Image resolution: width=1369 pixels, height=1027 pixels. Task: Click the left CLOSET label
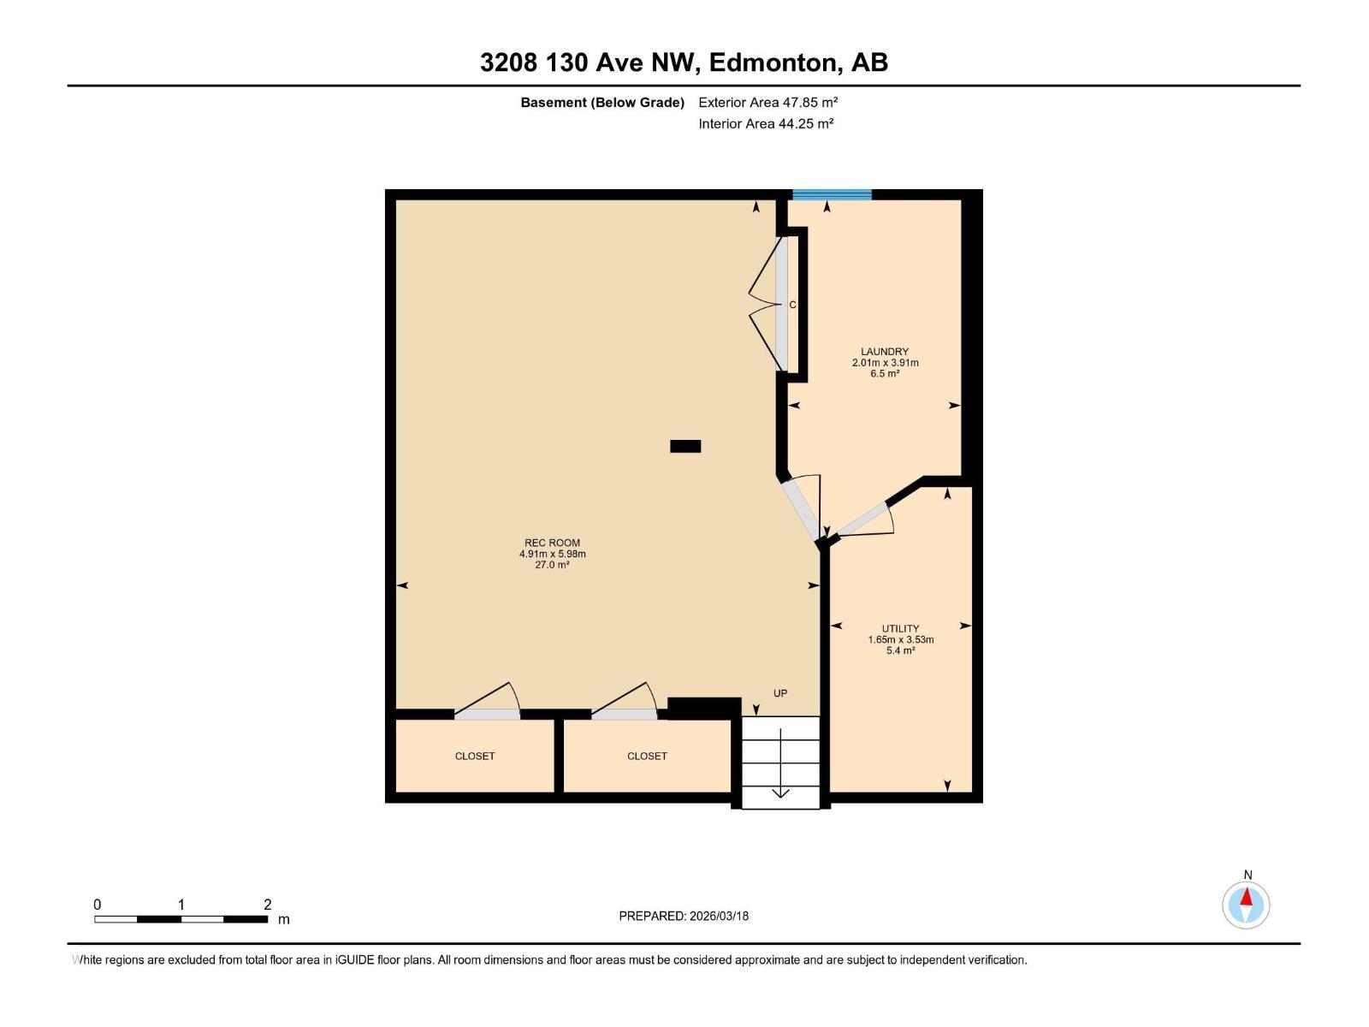pos(475,756)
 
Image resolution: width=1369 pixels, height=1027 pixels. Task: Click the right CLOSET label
pos(647,756)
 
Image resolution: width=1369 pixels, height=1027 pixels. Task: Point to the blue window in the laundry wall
pos(832,195)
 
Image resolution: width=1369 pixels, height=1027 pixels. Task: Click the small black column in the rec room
pos(685,446)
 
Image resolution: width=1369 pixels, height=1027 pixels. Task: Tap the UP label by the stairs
pos(780,693)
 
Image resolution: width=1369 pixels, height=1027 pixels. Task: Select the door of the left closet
pos(487,714)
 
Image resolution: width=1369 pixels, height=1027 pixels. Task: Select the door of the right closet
pos(625,714)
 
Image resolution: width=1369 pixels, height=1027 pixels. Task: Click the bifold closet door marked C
pos(780,305)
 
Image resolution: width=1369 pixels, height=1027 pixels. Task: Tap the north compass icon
pos(1246,905)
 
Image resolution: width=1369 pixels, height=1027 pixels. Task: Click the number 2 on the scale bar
pos(267,905)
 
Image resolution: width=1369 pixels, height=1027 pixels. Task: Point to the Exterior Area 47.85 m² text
pos(767,102)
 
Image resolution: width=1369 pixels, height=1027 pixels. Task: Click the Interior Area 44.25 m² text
pos(766,123)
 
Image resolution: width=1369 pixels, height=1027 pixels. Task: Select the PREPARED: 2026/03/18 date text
pos(684,916)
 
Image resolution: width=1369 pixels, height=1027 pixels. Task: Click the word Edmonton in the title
pos(773,62)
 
